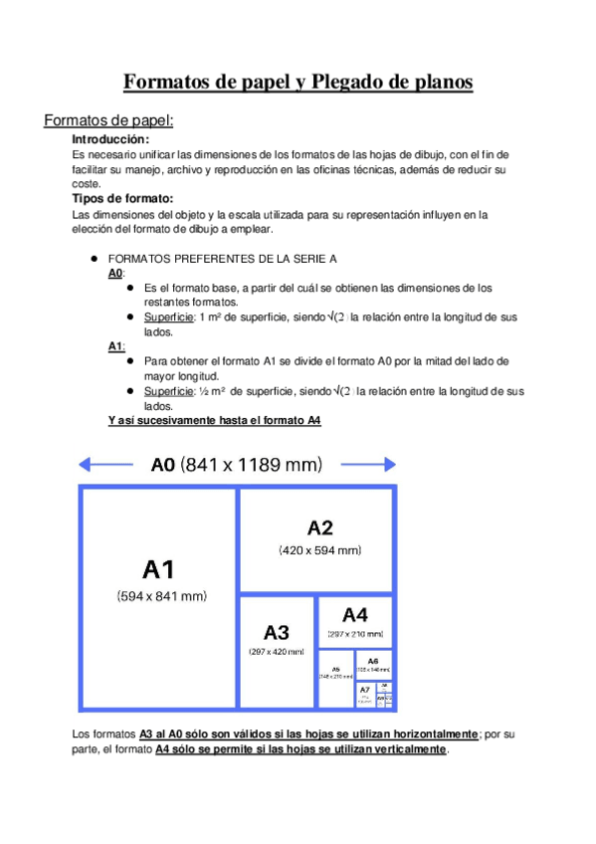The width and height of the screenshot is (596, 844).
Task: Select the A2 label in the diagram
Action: point(319,527)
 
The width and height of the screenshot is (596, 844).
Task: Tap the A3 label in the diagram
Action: point(277,632)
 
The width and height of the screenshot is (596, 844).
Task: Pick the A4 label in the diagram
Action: point(355,615)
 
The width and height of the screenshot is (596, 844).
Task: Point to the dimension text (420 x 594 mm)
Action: point(319,549)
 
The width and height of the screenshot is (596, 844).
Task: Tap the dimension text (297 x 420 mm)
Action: point(277,652)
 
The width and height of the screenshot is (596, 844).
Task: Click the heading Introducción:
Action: point(110,139)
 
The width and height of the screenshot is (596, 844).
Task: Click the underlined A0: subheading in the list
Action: point(115,273)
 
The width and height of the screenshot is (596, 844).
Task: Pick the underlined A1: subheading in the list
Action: point(115,345)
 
